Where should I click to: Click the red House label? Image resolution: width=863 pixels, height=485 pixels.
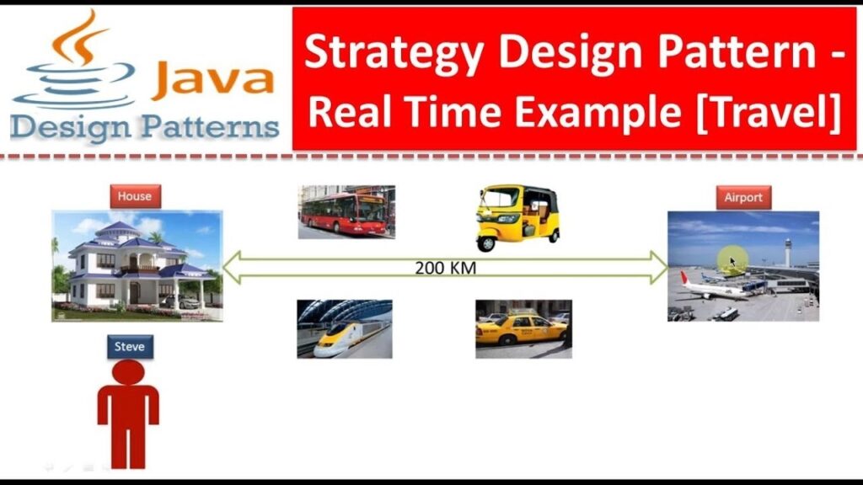[x=135, y=196]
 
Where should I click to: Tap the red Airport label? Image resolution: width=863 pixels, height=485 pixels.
[x=743, y=198]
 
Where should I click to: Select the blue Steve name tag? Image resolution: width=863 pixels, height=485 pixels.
[x=130, y=346]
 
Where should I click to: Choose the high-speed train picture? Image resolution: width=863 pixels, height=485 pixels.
[x=345, y=329]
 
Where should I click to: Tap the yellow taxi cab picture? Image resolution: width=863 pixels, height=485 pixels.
[x=523, y=328]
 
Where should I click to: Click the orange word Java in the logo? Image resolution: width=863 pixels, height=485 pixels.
[x=213, y=80]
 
